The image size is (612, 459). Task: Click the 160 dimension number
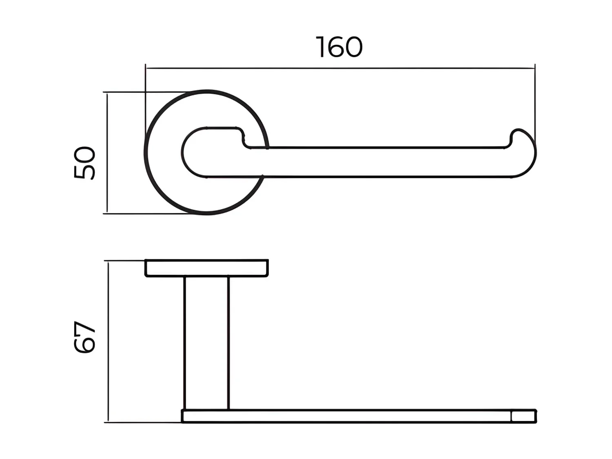339,47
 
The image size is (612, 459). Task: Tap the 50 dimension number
85,162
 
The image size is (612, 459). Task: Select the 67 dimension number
85,337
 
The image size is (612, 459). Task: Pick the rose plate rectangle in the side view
206,268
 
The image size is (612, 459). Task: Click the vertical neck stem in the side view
206,343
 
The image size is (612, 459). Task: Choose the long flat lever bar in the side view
347,417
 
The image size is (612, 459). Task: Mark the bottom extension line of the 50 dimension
143,213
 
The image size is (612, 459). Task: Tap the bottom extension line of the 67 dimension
143,423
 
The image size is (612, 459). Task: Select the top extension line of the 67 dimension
124,260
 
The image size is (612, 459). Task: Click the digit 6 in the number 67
85,345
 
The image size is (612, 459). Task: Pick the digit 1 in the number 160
321,47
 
